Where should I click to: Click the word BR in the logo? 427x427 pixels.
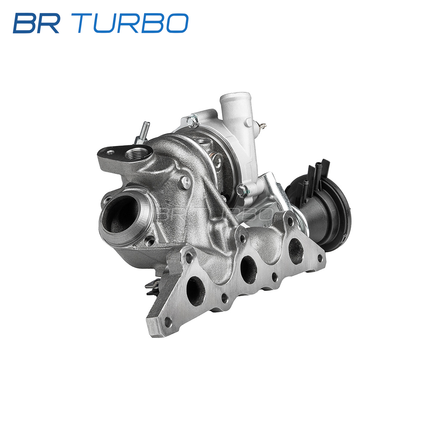36,23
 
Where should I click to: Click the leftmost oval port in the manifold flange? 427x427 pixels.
196,291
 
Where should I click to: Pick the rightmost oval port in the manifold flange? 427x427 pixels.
296,251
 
